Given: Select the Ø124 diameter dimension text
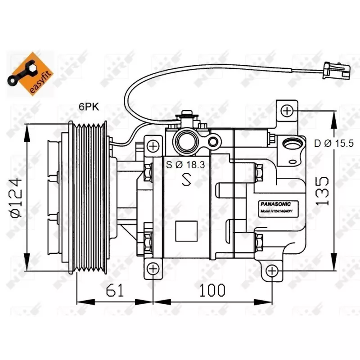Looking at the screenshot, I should (16, 198).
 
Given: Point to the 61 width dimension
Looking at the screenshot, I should (115, 291).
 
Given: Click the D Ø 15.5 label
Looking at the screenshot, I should (334, 144).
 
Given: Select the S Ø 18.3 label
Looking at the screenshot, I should (185, 165).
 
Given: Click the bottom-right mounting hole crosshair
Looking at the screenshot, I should (271, 271).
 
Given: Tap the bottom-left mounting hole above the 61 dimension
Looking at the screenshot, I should (153, 269).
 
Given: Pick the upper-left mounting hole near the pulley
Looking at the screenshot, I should (153, 146).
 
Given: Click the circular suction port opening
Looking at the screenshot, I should (186, 141).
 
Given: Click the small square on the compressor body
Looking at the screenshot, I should (185, 232).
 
